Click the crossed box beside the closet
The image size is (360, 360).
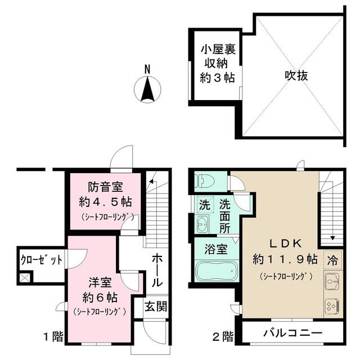tap(25, 277)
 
